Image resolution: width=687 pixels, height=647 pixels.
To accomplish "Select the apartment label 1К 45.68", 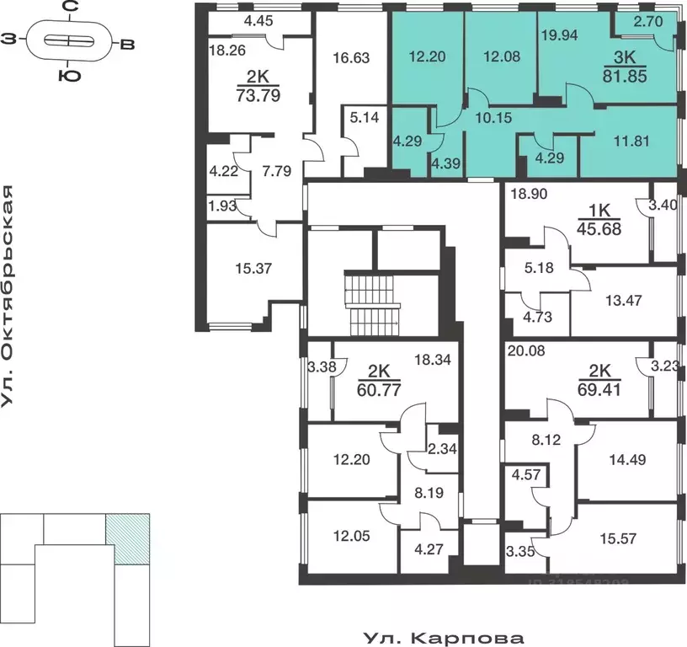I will point(599,220).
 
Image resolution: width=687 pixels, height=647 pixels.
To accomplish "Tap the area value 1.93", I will point(222,205).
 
